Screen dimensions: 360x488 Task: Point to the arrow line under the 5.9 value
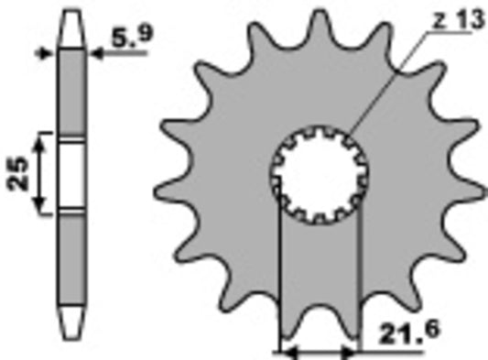point(119,54)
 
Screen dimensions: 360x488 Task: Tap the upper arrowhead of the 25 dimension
point(39,136)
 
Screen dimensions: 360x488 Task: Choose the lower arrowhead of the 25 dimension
point(39,210)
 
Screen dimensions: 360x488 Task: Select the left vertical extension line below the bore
point(277,275)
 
